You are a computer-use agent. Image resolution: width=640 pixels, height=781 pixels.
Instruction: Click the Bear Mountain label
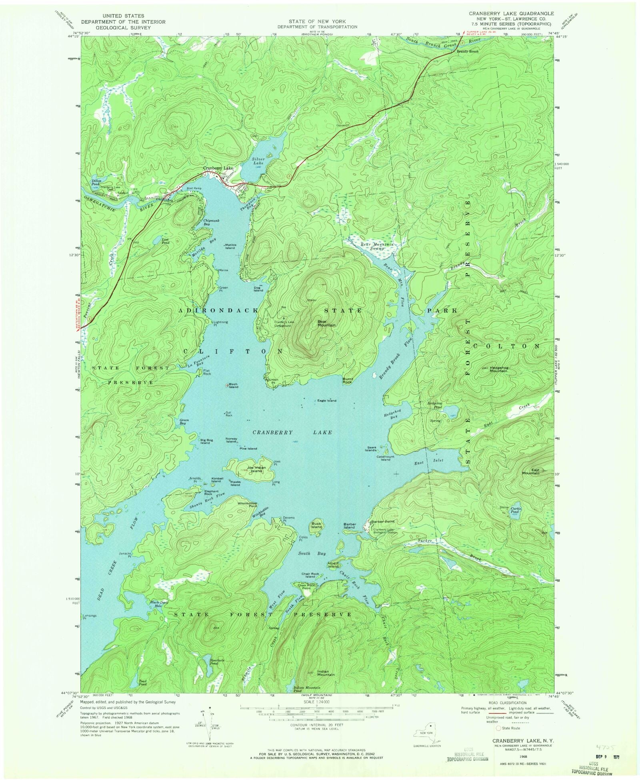326,323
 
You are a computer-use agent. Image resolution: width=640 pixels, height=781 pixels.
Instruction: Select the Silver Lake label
258,161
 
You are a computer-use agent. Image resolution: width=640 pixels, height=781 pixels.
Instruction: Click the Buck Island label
316,525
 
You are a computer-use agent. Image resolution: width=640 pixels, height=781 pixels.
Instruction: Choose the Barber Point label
383,522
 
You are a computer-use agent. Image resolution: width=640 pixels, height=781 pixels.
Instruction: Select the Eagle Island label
327,400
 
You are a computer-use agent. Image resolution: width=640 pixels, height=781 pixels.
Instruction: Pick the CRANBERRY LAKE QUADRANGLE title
506,13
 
